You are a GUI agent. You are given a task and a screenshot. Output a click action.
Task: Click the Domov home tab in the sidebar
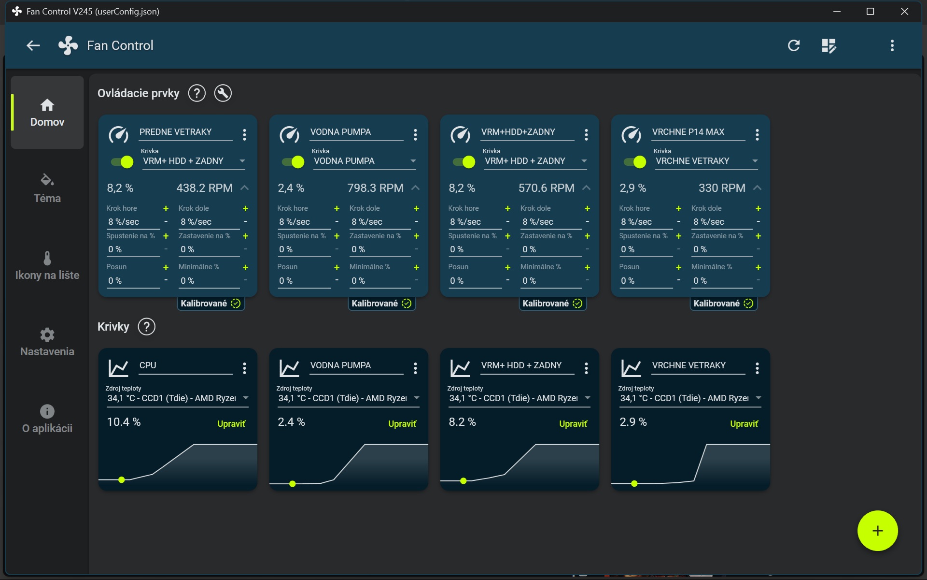click(47, 112)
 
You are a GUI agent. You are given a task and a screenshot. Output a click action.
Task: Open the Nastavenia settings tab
click(47, 342)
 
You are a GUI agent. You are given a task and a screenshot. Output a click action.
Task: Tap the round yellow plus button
click(877, 531)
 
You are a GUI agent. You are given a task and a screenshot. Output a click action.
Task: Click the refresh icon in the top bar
click(794, 45)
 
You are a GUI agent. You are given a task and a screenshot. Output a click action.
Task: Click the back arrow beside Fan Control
click(33, 45)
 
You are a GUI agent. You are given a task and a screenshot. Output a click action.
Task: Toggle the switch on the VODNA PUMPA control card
click(293, 162)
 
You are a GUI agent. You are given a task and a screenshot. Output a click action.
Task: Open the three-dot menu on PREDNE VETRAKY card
click(244, 135)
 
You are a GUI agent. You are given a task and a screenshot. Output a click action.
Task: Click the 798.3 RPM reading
click(375, 188)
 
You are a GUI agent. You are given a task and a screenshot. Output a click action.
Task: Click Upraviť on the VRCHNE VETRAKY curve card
click(744, 424)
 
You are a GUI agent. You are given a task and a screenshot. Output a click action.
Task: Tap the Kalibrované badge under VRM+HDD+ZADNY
click(552, 304)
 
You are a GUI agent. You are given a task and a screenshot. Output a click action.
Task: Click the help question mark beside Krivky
click(146, 327)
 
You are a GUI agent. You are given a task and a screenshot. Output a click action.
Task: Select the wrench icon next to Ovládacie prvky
click(223, 93)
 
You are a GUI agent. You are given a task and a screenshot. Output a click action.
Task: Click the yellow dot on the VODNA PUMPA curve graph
click(293, 484)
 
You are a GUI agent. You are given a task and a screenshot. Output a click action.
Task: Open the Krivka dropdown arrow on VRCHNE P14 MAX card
click(755, 161)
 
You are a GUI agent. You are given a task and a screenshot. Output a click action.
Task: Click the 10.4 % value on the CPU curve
click(124, 422)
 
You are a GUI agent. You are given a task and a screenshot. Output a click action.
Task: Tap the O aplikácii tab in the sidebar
click(47, 419)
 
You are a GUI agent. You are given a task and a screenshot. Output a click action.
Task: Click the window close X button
click(904, 11)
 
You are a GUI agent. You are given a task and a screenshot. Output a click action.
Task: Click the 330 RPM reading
click(722, 188)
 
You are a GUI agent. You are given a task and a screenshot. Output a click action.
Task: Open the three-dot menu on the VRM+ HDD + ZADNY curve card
click(586, 368)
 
